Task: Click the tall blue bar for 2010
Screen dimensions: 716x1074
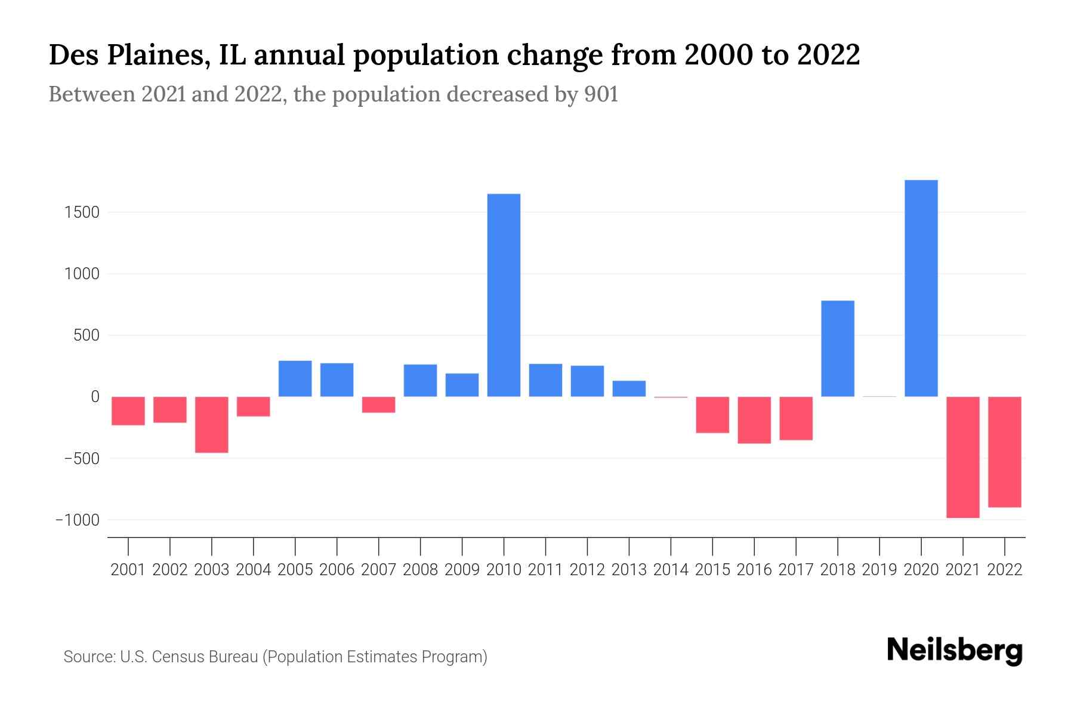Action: pyautogui.click(x=504, y=295)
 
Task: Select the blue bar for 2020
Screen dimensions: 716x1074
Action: pyautogui.click(x=921, y=288)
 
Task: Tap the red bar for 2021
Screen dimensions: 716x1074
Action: pyautogui.click(x=962, y=457)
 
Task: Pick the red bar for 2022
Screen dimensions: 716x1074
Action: pyautogui.click(x=1004, y=452)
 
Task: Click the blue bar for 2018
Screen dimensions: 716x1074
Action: pyautogui.click(x=837, y=348)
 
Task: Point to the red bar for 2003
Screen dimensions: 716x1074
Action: pyautogui.click(x=212, y=424)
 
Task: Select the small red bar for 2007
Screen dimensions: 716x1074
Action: pyautogui.click(x=378, y=405)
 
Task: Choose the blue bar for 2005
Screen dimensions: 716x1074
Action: pyautogui.click(x=295, y=378)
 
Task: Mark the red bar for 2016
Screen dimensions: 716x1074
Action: pyautogui.click(x=754, y=420)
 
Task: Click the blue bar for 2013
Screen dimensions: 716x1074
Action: pyautogui.click(x=629, y=388)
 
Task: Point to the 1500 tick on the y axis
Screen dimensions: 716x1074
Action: pyautogui.click(x=82, y=212)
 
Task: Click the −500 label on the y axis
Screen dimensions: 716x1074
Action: pyautogui.click(x=77, y=459)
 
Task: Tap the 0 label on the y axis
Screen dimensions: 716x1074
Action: pyautogui.click(x=94, y=397)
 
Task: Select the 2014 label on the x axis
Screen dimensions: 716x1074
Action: pyautogui.click(x=671, y=570)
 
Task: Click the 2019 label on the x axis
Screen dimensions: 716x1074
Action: pyautogui.click(x=879, y=570)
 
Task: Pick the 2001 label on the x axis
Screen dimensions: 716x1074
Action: pyautogui.click(x=128, y=570)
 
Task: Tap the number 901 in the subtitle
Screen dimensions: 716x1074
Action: pyautogui.click(x=601, y=94)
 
